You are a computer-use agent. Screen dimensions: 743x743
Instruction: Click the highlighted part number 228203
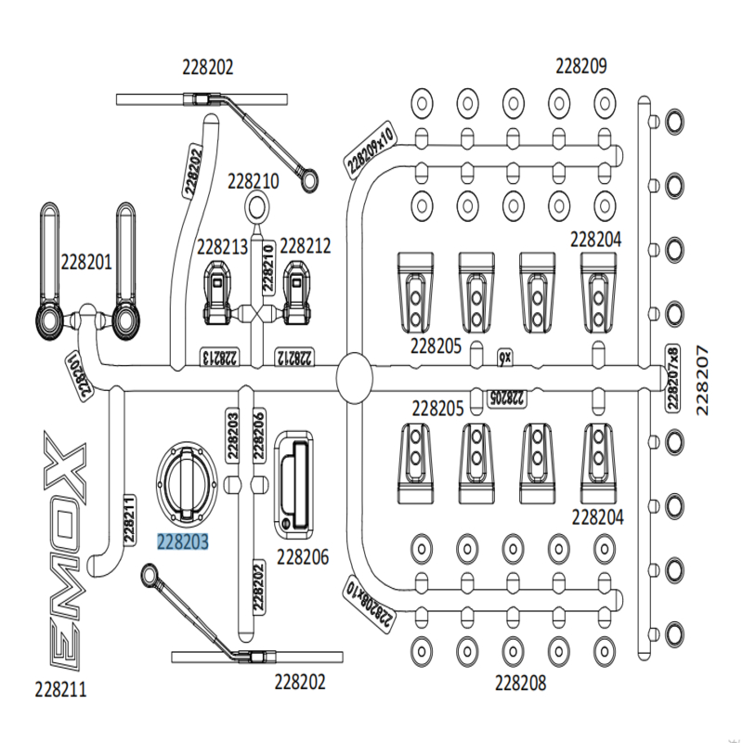tap(183, 541)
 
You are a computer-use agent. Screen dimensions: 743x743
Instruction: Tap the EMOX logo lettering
tap(66, 551)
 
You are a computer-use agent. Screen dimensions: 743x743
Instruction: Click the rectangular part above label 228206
tap(293, 485)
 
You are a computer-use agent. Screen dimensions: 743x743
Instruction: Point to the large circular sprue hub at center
tap(355, 378)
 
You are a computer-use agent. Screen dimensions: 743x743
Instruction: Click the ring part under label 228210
tap(257, 207)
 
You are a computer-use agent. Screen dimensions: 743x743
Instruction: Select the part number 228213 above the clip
tap(222, 247)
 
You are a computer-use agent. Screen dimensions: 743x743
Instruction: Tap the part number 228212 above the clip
tap(306, 246)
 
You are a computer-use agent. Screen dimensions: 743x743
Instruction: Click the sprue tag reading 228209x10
tap(370, 150)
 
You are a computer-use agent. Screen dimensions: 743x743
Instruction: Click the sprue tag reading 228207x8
tap(672, 377)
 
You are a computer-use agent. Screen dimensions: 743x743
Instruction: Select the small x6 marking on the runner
tap(504, 358)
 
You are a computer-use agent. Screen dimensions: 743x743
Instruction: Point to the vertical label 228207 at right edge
tap(702, 381)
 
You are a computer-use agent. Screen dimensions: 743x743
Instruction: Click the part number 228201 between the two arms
tap(86, 262)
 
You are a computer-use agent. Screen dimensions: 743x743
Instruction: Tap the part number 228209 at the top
tap(581, 66)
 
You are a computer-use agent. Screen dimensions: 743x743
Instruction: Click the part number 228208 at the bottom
tap(520, 683)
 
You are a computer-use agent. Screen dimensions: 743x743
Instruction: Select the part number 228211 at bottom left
tap(60, 689)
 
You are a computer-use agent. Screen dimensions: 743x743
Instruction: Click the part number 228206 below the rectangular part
tap(303, 557)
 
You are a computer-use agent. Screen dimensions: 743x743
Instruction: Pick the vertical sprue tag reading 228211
tap(129, 520)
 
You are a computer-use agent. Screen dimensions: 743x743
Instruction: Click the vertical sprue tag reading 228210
tap(268, 267)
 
